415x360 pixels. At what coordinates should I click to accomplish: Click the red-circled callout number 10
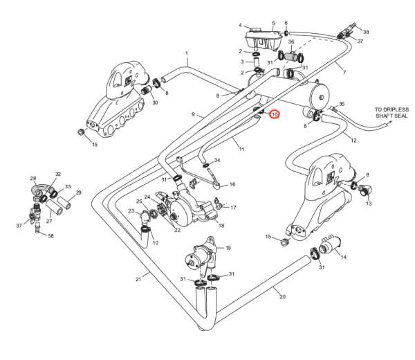click(x=274, y=114)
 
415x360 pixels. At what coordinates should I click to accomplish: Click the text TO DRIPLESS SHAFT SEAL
click(x=392, y=113)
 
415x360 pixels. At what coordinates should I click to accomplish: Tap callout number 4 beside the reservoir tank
click(x=240, y=25)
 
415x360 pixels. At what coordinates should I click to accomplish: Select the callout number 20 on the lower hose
click(x=282, y=297)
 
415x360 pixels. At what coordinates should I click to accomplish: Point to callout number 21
click(x=138, y=279)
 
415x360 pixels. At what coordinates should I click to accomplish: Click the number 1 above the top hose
click(x=186, y=53)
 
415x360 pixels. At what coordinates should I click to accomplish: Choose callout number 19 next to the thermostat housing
click(x=228, y=247)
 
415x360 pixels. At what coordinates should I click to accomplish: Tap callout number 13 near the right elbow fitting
click(x=369, y=204)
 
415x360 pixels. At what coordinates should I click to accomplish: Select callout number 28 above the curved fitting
click(x=33, y=179)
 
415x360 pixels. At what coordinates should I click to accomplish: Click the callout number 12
click(x=353, y=141)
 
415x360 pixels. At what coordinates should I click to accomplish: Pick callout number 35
click(x=342, y=103)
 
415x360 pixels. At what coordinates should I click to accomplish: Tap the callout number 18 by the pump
click(x=221, y=225)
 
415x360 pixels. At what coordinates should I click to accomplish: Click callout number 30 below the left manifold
click(x=155, y=102)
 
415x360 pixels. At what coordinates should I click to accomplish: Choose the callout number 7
click(x=344, y=72)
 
